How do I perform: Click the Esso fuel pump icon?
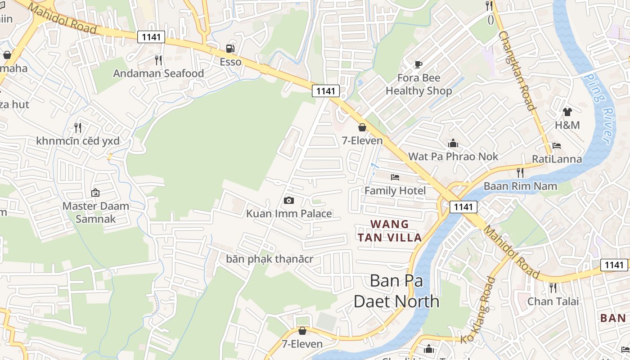(x=230, y=49)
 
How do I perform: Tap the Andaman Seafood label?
(x=158, y=73)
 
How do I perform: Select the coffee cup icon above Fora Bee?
(x=418, y=64)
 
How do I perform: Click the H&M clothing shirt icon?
(x=567, y=112)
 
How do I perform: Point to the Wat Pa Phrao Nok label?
(x=453, y=157)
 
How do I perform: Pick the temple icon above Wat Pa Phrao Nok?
(x=453, y=144)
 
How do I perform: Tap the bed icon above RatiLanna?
(x=557, y=146)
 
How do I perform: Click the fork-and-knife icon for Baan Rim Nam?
(x=520, y=173)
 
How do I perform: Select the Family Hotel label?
(x=395, y=191)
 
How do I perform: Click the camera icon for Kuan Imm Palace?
(x=289, y=200)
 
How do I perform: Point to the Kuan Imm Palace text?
(x=289, y=214)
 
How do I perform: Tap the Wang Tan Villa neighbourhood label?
(x=390, y=230)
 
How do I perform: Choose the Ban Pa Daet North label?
(x=396, y=291)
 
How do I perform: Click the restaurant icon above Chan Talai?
(x=553, y=288)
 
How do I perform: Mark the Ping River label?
(x=600, y=108)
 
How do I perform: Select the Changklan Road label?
(x=517, y=71)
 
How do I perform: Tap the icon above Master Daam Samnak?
(x=95, y=193)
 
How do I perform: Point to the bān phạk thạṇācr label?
(x=270, y=259)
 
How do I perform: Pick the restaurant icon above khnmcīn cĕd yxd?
(x=78, y=128)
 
